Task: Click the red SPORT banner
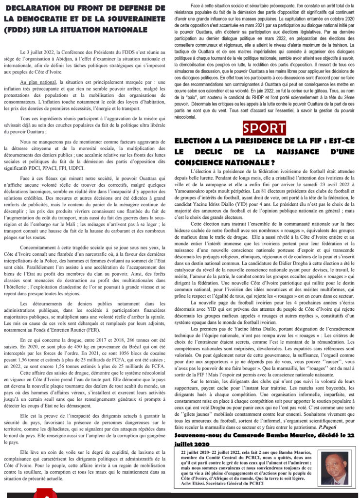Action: (x=265, y=128)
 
